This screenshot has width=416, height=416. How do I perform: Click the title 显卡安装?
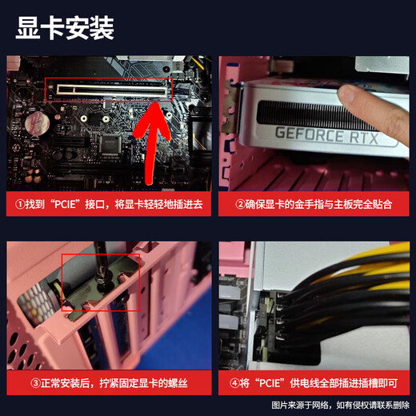pyautogui.click(x=66, y=29)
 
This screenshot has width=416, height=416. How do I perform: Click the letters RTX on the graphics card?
pyautogui.click(x=374, y=137)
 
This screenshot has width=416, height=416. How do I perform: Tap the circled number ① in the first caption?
pyautogui.click(x=22, y=205)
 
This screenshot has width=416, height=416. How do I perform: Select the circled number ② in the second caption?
pyautogui.click(x=241, y=205)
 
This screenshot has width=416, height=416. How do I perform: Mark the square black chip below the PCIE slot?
pyautogui.click(x=110, y=144)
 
